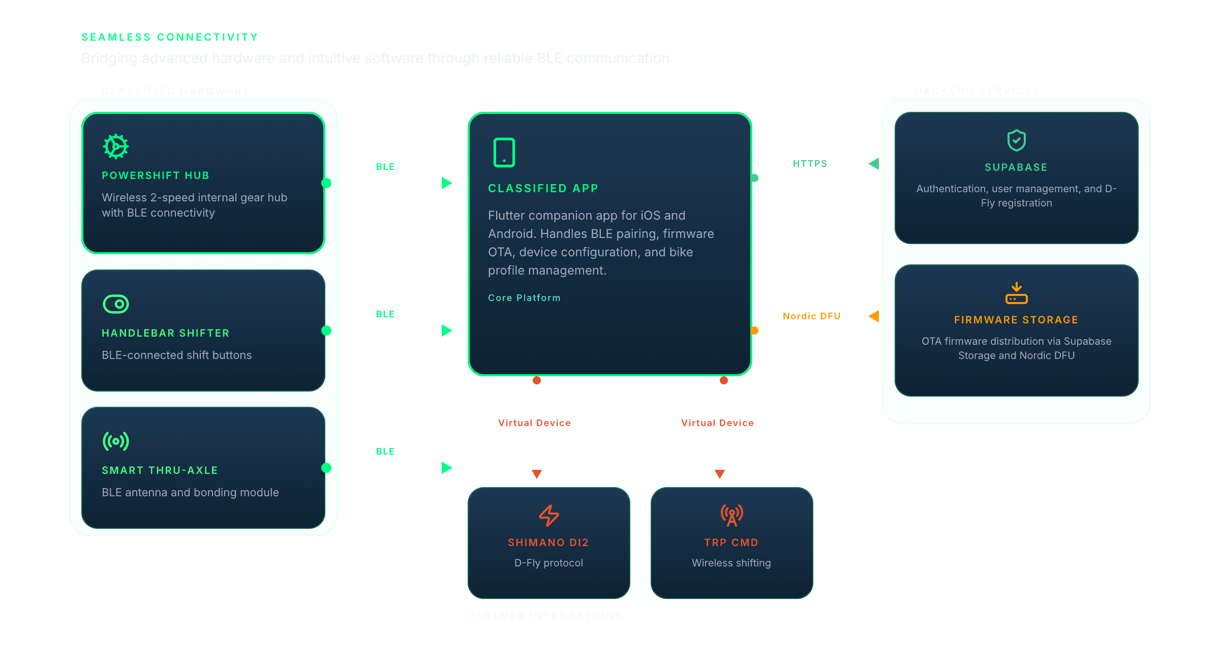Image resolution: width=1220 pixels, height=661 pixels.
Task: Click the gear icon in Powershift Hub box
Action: [116, 146]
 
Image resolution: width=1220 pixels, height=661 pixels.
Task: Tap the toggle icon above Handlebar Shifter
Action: [116, 304]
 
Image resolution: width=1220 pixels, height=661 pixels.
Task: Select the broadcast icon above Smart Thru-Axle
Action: [116, 441]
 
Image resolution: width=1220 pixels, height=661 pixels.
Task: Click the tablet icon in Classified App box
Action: [504, 153]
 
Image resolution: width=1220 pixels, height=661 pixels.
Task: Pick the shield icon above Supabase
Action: [1017, 140]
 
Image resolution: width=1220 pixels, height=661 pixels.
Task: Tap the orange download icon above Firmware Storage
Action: [1017, 293]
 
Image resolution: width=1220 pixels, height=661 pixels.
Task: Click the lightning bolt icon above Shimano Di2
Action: [549, 515]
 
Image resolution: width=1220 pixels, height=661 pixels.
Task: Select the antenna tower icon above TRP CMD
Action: [732, 515]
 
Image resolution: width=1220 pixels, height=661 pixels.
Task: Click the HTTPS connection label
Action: [810, 164]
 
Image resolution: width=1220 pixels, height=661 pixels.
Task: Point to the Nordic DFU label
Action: [812, 316]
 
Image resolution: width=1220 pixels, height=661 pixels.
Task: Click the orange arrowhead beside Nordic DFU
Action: [874, 316]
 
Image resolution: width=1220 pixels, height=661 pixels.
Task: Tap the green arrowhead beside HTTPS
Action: [874, 164]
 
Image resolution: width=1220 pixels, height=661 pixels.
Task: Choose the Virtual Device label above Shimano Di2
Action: [534, 423]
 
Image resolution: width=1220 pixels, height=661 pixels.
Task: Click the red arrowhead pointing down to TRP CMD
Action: [720, 474]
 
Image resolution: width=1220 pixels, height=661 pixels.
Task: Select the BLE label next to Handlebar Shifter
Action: [385, 314]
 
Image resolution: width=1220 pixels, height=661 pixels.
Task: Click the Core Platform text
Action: [524, 298]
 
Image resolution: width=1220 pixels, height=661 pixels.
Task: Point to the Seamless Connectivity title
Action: [170, 37]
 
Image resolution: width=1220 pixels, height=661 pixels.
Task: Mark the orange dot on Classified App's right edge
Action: [754, 330]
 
